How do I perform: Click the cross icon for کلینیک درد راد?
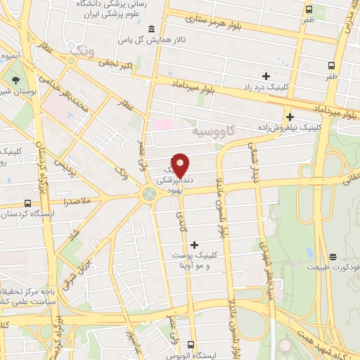click(x=266, y=75)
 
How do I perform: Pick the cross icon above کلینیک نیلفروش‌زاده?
click(x=290, y=117)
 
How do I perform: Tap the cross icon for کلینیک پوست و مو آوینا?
click(x=195, y=244)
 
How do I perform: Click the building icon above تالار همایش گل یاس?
click(x=153, y=29)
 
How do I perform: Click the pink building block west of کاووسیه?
click(x=163, y=124)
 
